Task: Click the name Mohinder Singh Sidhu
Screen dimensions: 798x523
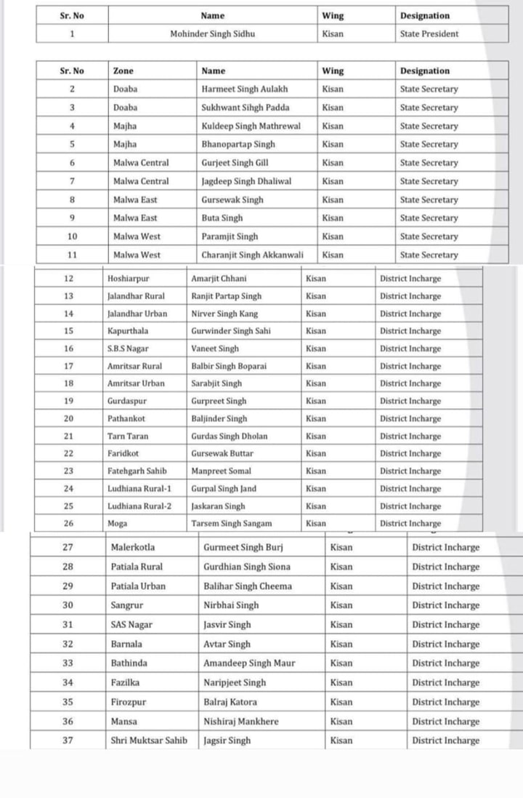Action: pos(212,33)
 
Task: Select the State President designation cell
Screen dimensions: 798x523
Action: pos(429,33)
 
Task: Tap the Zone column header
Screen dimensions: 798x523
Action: pos(123,71)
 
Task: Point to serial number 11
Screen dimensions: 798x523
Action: pos(72,255)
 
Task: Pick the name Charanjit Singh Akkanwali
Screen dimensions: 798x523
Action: pos(252,255)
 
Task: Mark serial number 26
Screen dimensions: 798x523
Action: pos(69,523)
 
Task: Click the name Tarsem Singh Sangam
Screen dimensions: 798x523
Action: pos(232,523)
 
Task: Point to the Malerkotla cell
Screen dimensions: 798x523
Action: pos(133,547)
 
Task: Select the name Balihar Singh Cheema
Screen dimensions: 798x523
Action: pos(248,586)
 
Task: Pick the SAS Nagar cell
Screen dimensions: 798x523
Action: pos(131,624)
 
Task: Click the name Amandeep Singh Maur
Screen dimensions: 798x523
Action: pos(249,663)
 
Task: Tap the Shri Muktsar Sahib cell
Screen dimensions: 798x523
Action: pos(149,741)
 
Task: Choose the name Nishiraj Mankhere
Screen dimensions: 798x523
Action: pos(241,721)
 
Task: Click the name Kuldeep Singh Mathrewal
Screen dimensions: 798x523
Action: pos(251,126)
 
